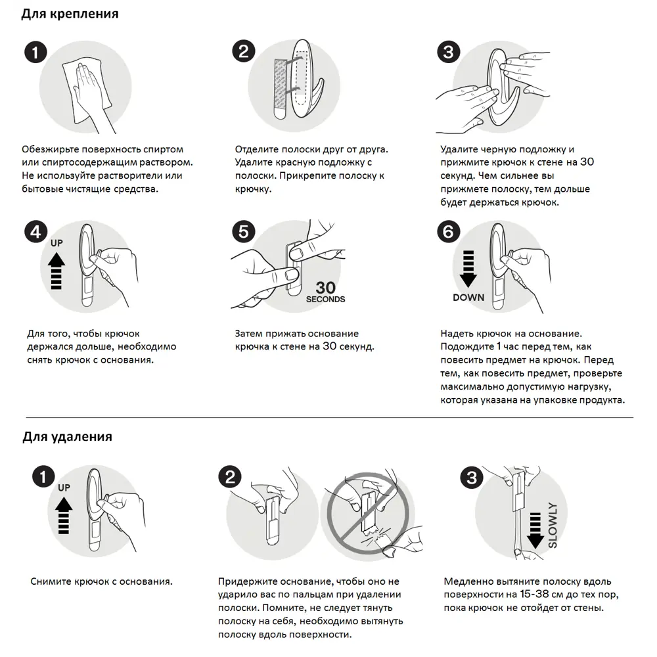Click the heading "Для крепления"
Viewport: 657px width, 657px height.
[70, 14]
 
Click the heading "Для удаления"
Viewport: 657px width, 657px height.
[67, 436]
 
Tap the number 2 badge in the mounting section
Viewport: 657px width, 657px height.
[243, 52]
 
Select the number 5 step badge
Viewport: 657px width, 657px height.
[243, 231]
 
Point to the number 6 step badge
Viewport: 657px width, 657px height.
[448, 231]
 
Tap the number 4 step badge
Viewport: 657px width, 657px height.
[35, 231]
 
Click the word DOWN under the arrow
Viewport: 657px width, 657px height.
[468, 297]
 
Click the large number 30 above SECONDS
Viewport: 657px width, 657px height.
[325, 287]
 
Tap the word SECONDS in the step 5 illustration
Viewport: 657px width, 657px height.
[325, 300]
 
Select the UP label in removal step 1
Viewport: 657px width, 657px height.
[64, 488]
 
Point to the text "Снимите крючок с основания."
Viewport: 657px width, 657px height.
[102, 581]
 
